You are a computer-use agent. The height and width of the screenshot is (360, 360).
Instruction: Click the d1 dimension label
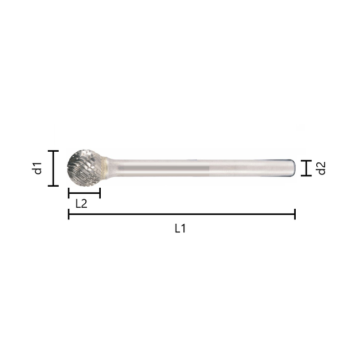[37, 168]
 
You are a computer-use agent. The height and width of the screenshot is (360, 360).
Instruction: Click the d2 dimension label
[321, 168]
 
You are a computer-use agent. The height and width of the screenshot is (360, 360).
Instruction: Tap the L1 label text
[180, 228]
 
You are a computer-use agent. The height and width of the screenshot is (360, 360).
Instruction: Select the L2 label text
[81, 203]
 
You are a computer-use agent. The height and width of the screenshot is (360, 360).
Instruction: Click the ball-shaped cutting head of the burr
[85, 167]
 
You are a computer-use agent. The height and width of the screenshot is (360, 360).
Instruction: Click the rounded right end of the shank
[292, 168]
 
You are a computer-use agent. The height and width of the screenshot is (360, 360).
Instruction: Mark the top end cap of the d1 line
[53, 151]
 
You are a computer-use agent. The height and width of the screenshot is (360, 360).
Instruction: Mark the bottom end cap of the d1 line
[53, 186]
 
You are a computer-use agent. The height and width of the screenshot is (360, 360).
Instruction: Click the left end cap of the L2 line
[69, 193]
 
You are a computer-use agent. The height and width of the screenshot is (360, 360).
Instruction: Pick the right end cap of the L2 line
[100, 193]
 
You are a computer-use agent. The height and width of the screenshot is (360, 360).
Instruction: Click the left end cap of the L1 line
[69, 214]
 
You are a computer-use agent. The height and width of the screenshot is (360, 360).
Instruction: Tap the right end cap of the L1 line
[295, 214]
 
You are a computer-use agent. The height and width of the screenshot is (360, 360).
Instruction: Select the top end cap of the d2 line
[305, 160]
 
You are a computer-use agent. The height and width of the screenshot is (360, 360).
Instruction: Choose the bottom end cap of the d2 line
[305, 176]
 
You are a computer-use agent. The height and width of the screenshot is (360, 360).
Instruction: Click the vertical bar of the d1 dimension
[53, 168]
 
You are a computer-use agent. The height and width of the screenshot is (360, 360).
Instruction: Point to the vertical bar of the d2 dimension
[305, 168]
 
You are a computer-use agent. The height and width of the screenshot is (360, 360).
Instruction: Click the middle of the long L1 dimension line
[182, 214]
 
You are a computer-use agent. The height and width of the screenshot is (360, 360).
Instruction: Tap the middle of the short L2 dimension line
[84, 193]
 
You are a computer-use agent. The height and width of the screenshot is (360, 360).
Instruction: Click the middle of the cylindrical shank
[199, 168]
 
